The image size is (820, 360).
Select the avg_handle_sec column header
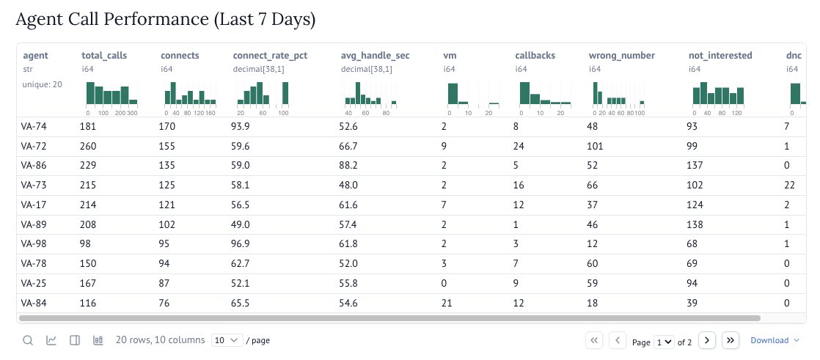(x=375, y=55)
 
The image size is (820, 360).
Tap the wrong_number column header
(x=621, y=55)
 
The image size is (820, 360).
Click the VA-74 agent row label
(x=34, y=127)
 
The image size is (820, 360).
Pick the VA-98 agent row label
(x=34, y=244)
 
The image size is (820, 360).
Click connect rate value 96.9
(x=241, y=244)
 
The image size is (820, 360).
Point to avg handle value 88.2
(x=350, y=166)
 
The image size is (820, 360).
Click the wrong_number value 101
(x=598, y=147)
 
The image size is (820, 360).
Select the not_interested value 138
(x=698, y=225)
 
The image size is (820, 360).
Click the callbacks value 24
(x=521, y=147)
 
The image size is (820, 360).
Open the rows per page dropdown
(x=227, y=340)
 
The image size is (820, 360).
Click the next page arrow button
(x=706, y=340)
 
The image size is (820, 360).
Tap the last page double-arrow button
(x=730, y=340)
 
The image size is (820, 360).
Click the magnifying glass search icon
(x=28, y=340)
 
